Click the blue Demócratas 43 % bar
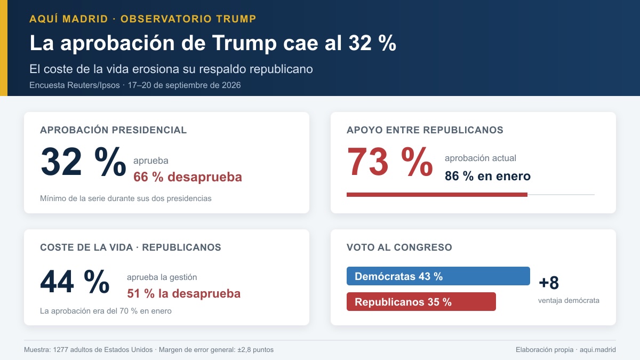[x=438, y=276]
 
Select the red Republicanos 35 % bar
[x=421, y=301]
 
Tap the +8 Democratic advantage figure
[x=549, y=283]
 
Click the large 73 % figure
[x=390, y=162]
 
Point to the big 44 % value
[x=75, y=282]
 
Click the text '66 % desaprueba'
[x=188, y=177]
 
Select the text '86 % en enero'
[x=487, y=176]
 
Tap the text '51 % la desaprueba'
[x=183, y=294]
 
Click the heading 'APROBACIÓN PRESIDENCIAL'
[x=113, y=130]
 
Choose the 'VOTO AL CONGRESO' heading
[x=399, y=247]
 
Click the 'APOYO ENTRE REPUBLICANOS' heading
[x=425, y=130]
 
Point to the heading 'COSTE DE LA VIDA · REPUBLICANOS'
[x=131, y=247]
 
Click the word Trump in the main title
[x=244, y=43]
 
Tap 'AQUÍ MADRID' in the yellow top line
[x=69, y=19]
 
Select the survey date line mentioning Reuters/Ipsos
[x=135, y=85]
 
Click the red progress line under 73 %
[x=437, y=195]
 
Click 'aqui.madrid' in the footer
[x=597, y=350]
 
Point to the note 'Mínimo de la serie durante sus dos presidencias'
[x=126, y=198]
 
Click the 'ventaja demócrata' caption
[x=569, y=301]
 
